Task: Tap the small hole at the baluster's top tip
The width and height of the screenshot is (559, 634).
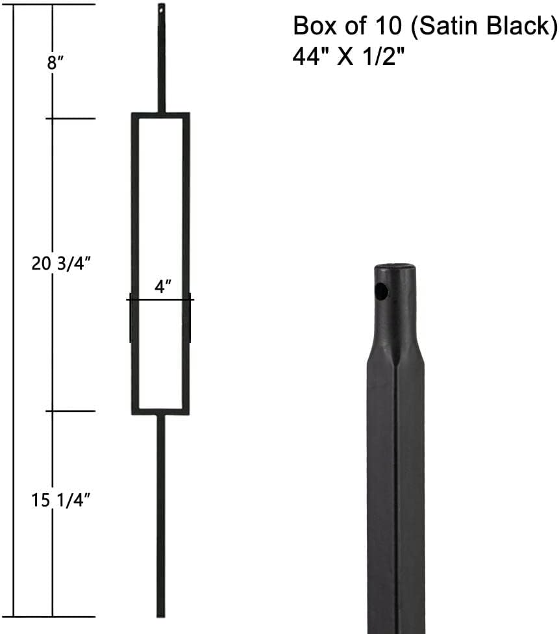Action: tap(161, 9)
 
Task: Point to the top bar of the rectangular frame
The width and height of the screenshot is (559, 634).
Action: tap(160, 116)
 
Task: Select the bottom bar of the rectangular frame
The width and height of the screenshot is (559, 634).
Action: tap(160, 411)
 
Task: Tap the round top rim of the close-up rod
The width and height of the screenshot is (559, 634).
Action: tap(395, 267)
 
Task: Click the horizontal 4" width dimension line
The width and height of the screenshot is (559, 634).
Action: tap(160, 299)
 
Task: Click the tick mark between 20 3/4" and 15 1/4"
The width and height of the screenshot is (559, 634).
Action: tap(71, 411)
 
